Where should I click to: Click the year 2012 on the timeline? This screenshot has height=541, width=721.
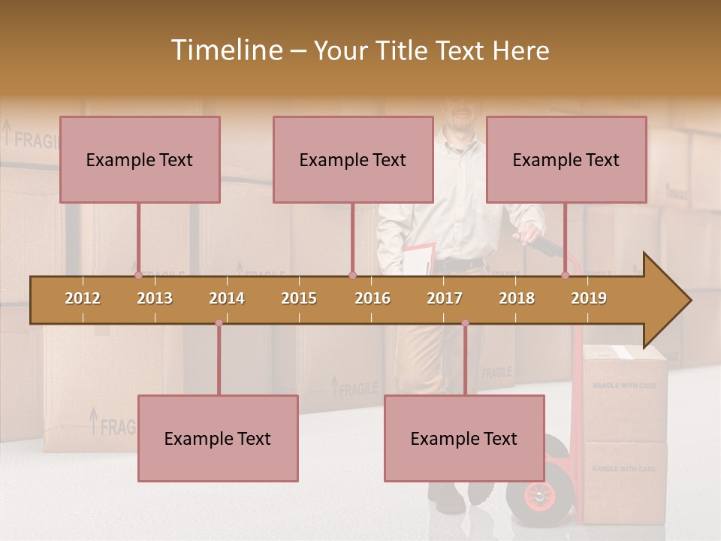click(83, 298)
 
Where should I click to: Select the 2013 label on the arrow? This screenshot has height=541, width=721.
click(155, 298)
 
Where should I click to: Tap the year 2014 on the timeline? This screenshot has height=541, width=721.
click(227, 298)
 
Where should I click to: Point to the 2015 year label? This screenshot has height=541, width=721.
click(299, 298)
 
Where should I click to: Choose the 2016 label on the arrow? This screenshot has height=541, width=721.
click(373, 298)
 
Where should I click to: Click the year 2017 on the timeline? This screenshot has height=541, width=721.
click(445, 298)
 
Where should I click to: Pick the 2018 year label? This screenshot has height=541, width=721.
click(517, 298)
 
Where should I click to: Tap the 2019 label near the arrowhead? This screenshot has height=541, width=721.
click(589, 298)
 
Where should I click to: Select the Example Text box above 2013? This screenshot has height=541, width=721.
click(140, 159)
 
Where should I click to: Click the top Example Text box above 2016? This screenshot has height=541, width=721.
click(353, 159)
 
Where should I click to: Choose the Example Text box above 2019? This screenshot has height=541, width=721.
click(566, 159)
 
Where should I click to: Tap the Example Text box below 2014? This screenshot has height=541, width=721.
click(218, 438)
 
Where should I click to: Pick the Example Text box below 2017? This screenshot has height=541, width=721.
click(464, 438)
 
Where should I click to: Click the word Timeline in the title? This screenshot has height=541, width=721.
click(225, 50)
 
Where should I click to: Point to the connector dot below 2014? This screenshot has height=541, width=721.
click(219, 323)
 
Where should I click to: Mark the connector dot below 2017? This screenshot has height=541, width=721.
click(465, 323)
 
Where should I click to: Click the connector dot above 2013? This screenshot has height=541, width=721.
click(138, 275)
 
